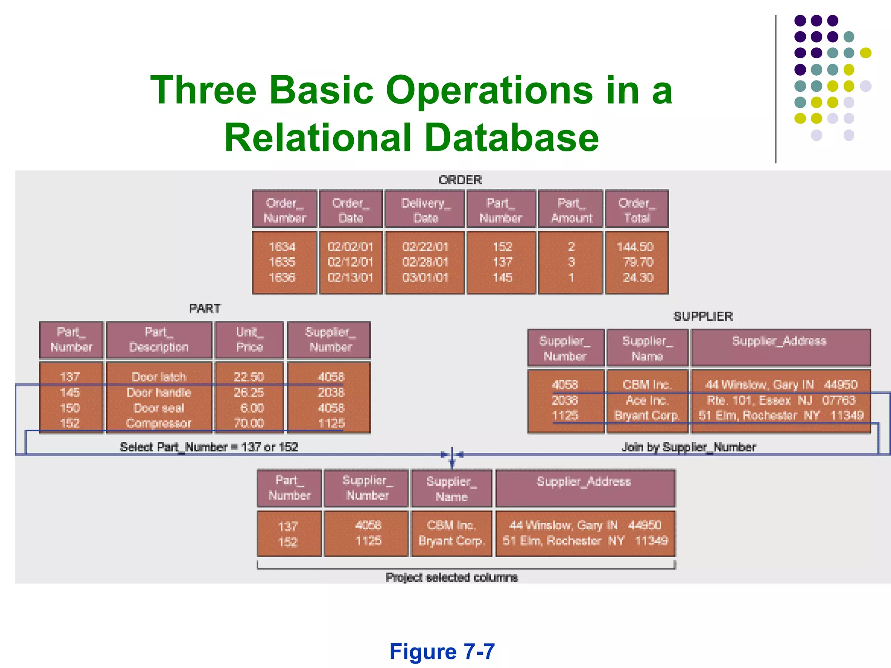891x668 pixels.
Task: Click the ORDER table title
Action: [460, 180]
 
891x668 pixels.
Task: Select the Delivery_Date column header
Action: [425, 210]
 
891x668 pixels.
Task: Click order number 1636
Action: [282, 277]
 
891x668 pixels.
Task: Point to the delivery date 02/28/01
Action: [425, 262]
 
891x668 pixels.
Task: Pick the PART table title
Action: [205, 309]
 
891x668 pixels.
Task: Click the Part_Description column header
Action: [159, 340]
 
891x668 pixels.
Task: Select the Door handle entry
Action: [159, 393]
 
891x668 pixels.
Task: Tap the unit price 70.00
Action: [249, 423]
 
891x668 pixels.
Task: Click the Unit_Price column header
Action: [249, 340]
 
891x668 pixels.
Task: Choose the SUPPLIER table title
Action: [703, 317]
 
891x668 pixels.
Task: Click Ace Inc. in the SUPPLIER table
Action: [647, 400]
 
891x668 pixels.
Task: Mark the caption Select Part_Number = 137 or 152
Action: [209, 447]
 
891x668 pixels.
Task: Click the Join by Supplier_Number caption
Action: [689, 447]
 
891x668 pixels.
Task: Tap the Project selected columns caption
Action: [452, 578]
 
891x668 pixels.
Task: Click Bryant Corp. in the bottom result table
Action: [451, 541]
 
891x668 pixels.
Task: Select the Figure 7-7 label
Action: [442, 651]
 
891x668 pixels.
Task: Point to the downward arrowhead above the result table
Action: [452, 465]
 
